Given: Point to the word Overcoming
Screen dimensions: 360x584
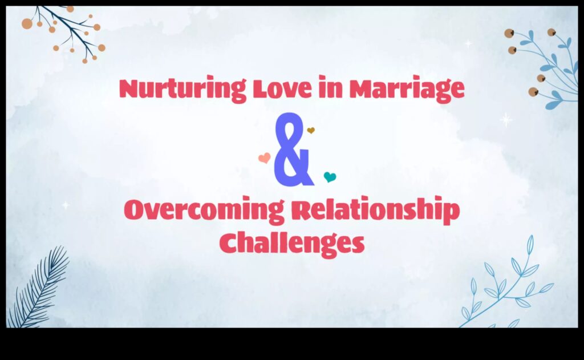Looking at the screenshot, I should click(203, 212).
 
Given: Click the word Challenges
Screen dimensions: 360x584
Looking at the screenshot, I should click(292, 244).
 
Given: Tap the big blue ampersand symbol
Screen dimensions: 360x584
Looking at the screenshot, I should click(293, 150).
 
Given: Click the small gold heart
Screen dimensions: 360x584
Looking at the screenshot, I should click(311, 131).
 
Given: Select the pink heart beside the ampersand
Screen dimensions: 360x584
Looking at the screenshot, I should click(264, 158).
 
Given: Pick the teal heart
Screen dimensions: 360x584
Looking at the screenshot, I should click(330, 177).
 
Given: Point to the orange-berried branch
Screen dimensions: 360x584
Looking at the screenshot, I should click(66, 31).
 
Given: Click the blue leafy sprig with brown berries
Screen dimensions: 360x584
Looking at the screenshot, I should click(545, 66).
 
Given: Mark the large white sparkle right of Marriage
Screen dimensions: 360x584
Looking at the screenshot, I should click(506, 120).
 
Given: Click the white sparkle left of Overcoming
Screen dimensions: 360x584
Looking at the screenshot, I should click(66, 205).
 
